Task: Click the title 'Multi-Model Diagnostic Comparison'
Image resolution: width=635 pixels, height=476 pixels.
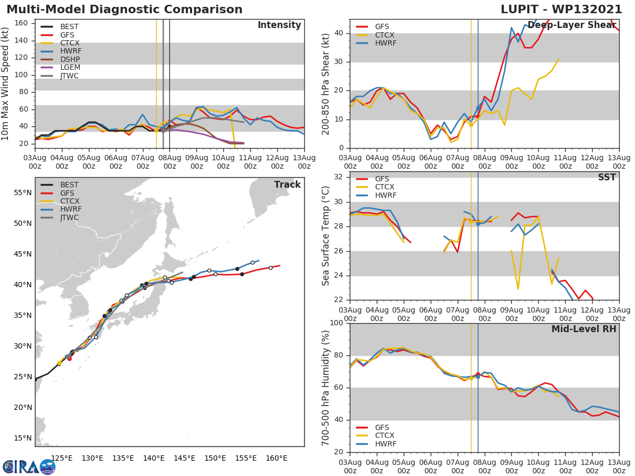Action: point(124,10)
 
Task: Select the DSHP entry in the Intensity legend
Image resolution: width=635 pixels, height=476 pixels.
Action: point(70,59)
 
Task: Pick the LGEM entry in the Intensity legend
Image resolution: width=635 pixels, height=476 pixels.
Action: point(70,68)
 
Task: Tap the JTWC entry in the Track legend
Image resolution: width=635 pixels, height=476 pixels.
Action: point(70,217)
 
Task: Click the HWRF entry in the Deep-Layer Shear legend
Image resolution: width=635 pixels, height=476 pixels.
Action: point(385,43)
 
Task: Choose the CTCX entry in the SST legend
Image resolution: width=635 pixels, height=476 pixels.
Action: point(385,187)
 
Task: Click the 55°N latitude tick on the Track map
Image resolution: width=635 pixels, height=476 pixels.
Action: point(23,193)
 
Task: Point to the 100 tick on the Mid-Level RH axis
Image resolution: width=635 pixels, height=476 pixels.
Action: point(337,323)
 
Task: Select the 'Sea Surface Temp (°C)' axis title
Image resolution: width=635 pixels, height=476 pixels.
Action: point(326,235)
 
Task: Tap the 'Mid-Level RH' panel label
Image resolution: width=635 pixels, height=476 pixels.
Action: point(584,329)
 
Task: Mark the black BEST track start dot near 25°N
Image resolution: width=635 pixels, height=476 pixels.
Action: point(35,379)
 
